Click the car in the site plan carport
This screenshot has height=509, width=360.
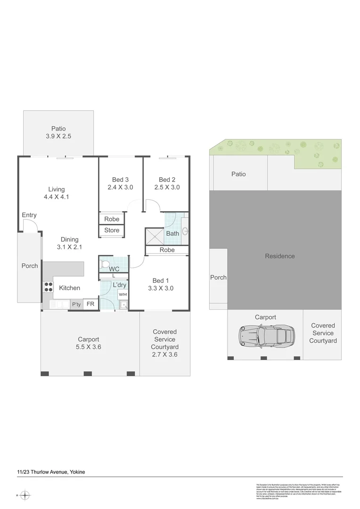pos(265,336)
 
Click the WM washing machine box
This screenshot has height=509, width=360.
pos(123,295)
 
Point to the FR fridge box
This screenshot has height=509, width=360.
pos(90,304)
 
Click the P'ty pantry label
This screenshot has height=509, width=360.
pos(76,304)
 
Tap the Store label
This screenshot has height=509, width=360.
pos(112,230)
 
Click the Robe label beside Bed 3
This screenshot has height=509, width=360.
pos(112,219)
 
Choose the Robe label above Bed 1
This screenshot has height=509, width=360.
pos(167,250)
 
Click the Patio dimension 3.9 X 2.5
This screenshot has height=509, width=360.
pos(59,136)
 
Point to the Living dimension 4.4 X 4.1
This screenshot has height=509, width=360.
pos(56,197)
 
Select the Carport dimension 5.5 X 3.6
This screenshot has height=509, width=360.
pos(89,347)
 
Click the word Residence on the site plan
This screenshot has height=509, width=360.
pos(279,256)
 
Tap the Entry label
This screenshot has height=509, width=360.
pos(29,215)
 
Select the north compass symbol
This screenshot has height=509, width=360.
pos(25,495)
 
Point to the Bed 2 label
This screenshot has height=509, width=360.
pos(167,180)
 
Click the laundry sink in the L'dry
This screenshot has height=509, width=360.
pos(123,305)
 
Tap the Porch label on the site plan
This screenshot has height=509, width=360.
pos(218,278)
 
